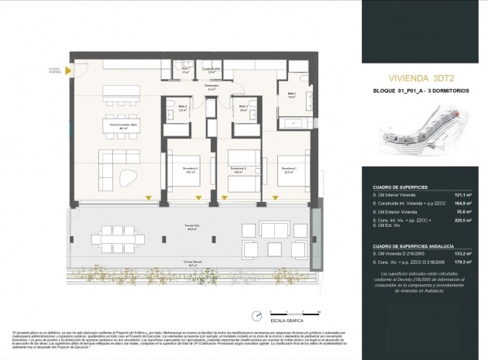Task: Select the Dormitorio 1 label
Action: (x=289, y=170)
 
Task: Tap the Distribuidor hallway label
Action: (x=211, y=87)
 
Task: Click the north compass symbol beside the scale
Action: (x=256, y=315)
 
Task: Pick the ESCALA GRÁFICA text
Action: (x=286, y=320)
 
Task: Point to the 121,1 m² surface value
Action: (x=463, y=195)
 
